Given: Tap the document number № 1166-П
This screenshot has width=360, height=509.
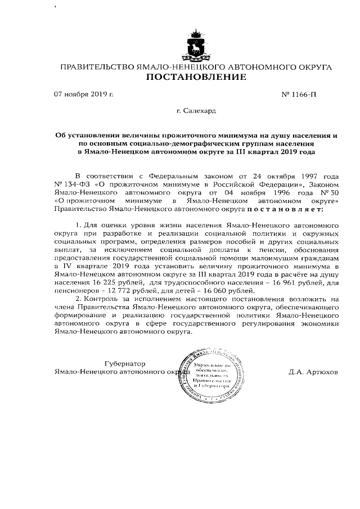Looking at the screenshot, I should click(x=302, y=94).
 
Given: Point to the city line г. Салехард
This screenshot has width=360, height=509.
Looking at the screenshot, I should click(x=196, y=112).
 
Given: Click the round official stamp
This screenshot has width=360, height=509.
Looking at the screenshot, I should click(x=210, y=371).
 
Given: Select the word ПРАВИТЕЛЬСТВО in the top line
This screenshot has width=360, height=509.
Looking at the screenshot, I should click(x=96, y=67).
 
